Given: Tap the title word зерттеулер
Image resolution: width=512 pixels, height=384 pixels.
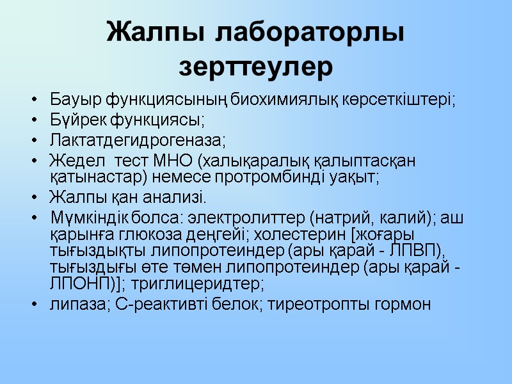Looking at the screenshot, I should click(x=256, y=67).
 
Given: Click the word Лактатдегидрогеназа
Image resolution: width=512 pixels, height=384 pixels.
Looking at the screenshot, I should click(x=138, y=140).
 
